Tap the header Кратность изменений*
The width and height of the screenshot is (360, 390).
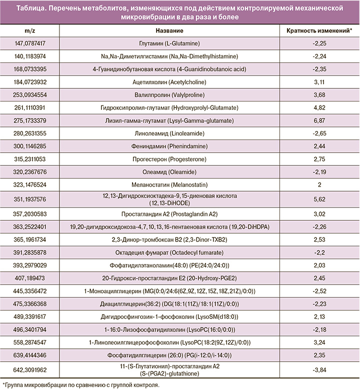tap(319, 30)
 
